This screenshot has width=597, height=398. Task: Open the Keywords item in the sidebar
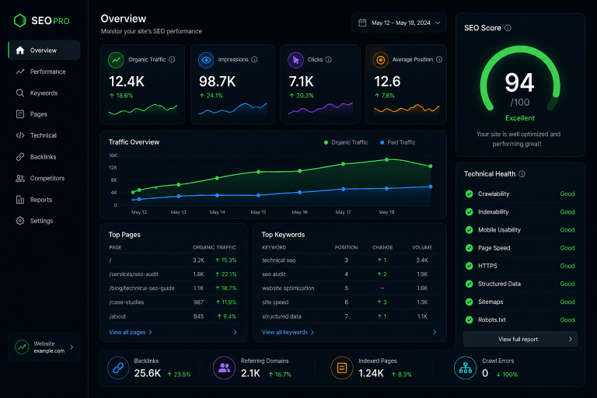(x=44, y=93)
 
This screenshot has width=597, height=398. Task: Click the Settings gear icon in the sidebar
(x=19, y=221)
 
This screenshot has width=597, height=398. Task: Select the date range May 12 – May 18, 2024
(x=401, y=23)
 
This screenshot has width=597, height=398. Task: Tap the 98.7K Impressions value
(x=218, y=82)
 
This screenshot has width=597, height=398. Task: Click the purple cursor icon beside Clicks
(x=296, y=60)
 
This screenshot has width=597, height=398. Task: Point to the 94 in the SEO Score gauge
(x=519, y=82)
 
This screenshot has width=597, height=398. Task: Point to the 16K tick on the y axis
(x=113, y=155)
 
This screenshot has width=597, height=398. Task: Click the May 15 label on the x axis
(x=258, y=212)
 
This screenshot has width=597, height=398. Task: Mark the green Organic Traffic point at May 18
(x=386, y=159)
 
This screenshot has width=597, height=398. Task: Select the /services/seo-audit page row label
(x=134, y=274)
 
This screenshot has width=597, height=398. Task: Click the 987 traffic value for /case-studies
(x=198, y=302)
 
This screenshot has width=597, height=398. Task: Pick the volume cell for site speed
(x=422, y=302)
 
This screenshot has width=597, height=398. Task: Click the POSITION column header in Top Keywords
(x=346, y=247)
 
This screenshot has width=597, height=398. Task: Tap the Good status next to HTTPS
(x=567, y=266)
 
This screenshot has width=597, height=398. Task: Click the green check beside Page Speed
(x=469, y=248)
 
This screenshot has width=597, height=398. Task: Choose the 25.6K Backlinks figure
(x=148, y=373)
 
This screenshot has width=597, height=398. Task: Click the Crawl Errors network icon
(x=466, y=368)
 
